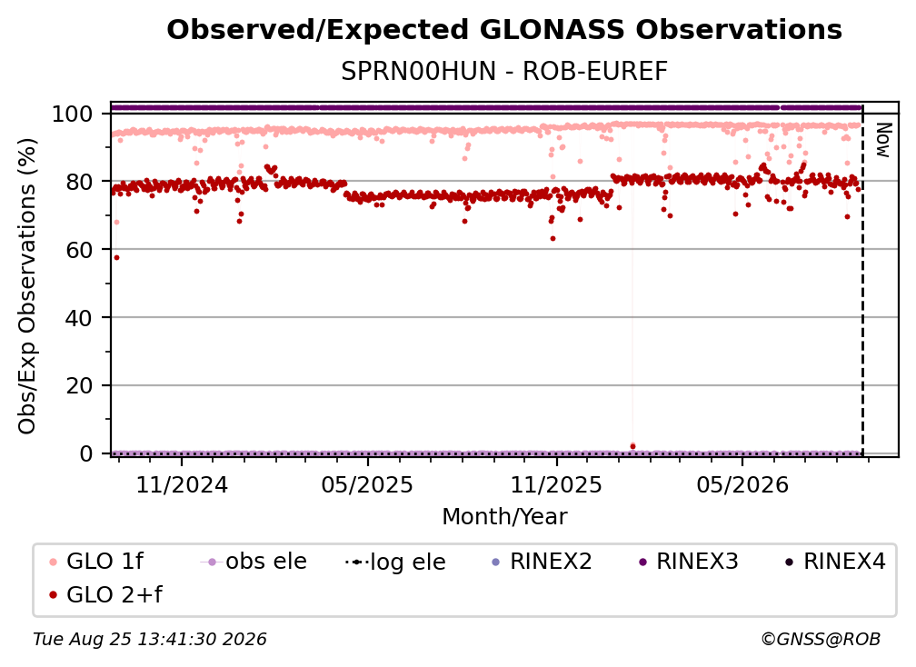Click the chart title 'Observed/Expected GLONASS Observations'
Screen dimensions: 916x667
click(504, 30)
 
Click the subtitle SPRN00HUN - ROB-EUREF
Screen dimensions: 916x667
click(504, 72)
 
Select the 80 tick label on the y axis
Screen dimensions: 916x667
click(79, 183)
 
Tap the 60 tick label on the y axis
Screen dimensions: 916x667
click(79, 250)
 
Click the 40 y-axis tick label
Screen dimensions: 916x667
click(79, 318)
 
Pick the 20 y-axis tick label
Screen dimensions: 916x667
click(79, 386)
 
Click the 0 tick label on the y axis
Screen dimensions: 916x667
click(85, 453)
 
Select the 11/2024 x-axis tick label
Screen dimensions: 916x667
click(182, 485)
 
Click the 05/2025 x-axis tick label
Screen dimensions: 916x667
click(367, 485)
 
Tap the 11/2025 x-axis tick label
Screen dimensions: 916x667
click(556, 485)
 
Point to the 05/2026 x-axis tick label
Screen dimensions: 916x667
click(742, 485)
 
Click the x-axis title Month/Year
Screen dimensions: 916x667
click(504, 517)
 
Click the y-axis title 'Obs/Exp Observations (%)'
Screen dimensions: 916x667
click(27, 286)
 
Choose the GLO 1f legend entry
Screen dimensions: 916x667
click(97, 562)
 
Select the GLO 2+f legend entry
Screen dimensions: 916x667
click(105, 594)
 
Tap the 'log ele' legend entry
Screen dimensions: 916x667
click(395, 562)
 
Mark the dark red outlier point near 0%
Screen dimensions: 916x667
click(632, 447)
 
